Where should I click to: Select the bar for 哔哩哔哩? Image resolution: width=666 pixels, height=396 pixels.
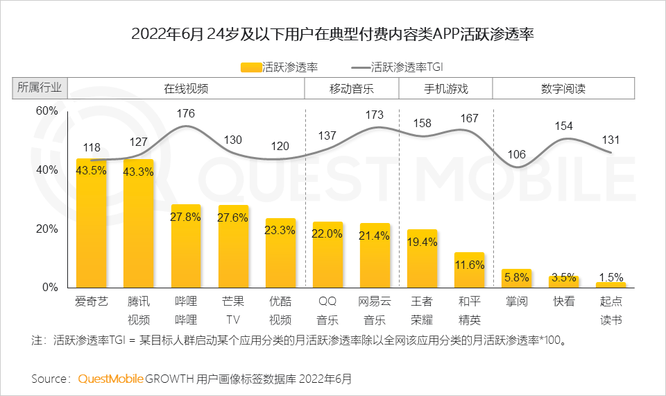(x=186, y=247)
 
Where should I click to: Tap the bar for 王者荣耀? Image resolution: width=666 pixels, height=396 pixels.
(x=422, y=258)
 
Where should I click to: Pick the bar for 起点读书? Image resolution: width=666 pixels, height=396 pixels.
(x=610, y=285)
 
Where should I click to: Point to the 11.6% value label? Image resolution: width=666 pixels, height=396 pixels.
(x=469, y=265)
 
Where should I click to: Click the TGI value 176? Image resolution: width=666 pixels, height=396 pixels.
(x=186, y=113)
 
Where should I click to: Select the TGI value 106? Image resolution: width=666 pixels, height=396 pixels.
(x=516, y=154)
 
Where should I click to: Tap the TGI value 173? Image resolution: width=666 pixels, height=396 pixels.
(x=375, y=114)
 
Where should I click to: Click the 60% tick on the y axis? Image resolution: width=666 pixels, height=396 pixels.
(x=46, y=111)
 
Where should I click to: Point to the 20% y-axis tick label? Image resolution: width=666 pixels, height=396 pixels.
(x=46, y=229)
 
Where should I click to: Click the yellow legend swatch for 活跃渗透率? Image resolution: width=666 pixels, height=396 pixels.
(x=250, y=67)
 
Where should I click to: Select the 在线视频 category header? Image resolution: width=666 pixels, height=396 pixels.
(x=186, y=89)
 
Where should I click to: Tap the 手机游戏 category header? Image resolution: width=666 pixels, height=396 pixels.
(x=445, y=89)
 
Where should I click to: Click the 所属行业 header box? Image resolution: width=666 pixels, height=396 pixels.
(x=40, y=88)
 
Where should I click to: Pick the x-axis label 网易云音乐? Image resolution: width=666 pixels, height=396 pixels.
(x=375, y=311)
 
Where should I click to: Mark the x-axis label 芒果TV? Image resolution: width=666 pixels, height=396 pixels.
(x=233, y=311)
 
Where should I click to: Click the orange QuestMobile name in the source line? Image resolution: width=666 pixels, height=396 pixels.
(x=111, y=379)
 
